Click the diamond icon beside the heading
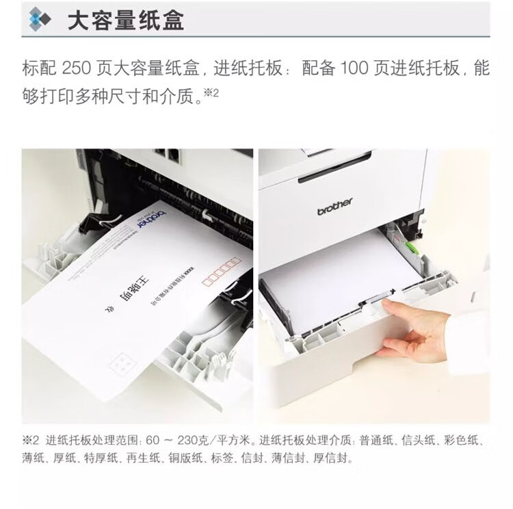39,19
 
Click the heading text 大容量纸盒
125,19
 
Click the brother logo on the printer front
335,206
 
